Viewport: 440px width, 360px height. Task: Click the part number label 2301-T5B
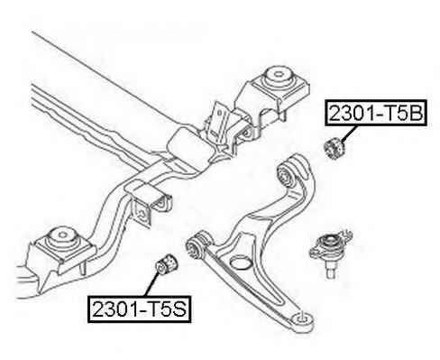pos(376,113)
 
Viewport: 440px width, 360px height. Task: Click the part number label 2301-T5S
pos(140,309)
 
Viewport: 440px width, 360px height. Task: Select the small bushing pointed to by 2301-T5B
pos(335,147)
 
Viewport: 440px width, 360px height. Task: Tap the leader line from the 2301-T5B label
pos(350,134)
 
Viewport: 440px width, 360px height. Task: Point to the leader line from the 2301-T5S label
pos(152,283)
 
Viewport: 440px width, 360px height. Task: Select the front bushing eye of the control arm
pos(196,245)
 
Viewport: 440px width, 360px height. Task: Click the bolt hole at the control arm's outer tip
pos(302,318)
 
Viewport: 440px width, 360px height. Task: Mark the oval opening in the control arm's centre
pos(241,262)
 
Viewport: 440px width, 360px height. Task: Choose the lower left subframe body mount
pos(61,245)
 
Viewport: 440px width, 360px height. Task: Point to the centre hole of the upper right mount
pos(279,73)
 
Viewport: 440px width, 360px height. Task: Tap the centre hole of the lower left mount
pos(63,235)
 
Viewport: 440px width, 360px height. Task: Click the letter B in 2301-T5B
pos(416,113)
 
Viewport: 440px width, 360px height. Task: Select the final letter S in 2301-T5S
pos(179,309)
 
